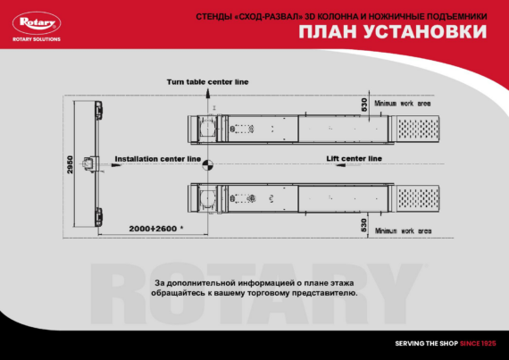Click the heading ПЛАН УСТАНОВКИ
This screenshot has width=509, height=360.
click(x=393, y=33)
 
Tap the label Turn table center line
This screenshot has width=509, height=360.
click(x=207, y=82)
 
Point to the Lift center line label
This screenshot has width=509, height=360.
click(x=354, y=158)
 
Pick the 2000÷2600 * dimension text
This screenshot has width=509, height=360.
click(x=155, y=229)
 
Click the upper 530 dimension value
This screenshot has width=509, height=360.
click(x=364, y=104)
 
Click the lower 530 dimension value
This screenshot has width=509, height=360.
click(x=364, y=224)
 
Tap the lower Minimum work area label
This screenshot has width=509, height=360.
click(x=403, y=230)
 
